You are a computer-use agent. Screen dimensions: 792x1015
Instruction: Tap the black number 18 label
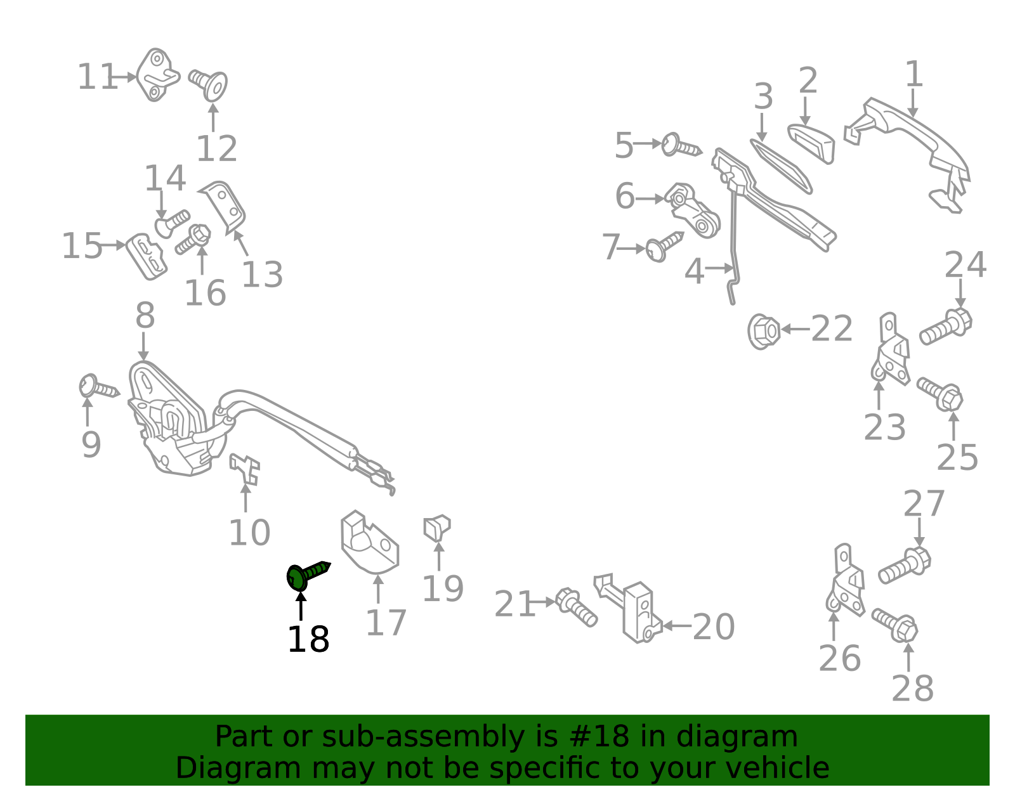pos(308,639)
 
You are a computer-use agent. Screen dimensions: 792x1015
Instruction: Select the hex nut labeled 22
pos(764,331)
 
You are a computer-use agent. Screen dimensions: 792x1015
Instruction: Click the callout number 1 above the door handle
pos(913,74)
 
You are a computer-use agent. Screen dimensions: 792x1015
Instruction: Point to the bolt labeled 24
pos(946,326)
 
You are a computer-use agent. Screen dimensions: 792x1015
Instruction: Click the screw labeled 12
pos(209,84)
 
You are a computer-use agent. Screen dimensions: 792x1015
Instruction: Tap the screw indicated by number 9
pos(98,387)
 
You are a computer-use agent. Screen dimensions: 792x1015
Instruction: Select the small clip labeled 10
pos(245,468)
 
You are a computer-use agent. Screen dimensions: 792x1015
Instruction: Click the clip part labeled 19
pos(436,528)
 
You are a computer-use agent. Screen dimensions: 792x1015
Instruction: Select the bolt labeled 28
pos(895,624)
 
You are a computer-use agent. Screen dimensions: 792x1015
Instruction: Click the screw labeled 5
pos(681,146)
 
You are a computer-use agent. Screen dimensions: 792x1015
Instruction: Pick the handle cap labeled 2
pos(813,142)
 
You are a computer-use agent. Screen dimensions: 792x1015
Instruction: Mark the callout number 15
pos(82,245)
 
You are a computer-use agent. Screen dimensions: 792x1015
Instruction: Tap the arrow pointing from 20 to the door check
pos(677,626)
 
